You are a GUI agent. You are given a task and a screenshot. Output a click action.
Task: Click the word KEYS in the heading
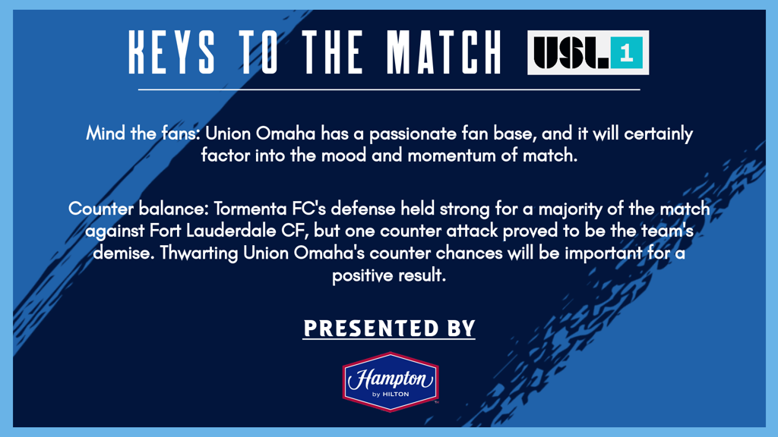(x=172, y=52)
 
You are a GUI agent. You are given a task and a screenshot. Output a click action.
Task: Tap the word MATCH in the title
(x=444, y=52)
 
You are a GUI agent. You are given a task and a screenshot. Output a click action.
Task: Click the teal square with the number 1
(x=627, y=52)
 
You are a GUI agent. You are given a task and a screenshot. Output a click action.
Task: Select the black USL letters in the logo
(x=571, y=52)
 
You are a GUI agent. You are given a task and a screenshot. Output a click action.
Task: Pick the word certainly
(x=659, y=134)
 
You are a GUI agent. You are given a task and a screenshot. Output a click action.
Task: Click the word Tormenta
(x=250, y=209)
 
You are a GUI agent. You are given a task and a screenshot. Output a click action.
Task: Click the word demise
(x=124, y=253)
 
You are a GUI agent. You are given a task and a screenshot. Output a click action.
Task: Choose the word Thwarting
(x=199, y=253)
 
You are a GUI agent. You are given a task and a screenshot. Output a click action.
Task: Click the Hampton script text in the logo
(x=391, y=380)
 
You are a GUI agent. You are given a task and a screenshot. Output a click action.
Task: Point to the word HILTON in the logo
(x=396, y=395)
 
